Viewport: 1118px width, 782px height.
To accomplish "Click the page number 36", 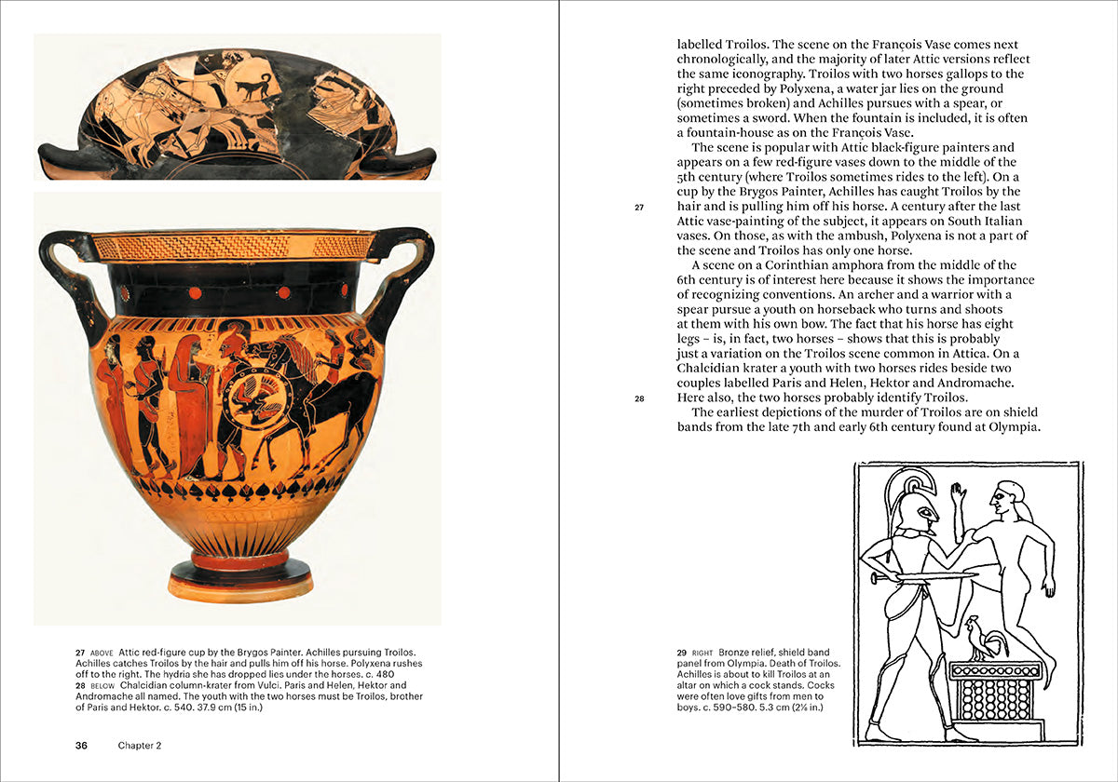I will pyautogui.click(x=82, y=746).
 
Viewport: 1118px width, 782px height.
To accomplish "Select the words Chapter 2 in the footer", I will pyautogui.click(x=140, y=746).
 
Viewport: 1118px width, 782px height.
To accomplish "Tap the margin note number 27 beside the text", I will pyautogui.click(x=640, y=208).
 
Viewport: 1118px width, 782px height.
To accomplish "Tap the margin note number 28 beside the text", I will pyautogui.click(x=640, y=398).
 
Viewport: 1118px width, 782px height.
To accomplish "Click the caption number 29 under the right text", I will pyautogui.click(x=683, y=652).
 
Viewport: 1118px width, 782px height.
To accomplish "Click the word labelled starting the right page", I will pyautogui.click(x=704, y=44).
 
